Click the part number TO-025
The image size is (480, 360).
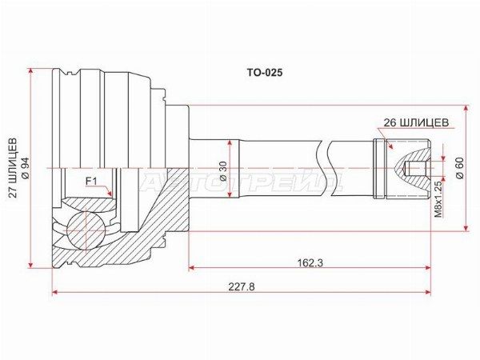click(x=265, y=73)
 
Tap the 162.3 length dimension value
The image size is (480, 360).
click(x=310, y=262)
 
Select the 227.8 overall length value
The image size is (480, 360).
click(x=242, y=287)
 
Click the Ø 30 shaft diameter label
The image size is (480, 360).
click(x=223, y=171)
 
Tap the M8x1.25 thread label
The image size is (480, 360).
click(x=438, y=199)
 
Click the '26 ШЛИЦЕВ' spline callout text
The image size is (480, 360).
click(x=416, y=122)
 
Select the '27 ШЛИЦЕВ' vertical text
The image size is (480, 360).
click(x=13, y=168)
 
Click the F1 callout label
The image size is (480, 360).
click(x=91, y=182)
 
